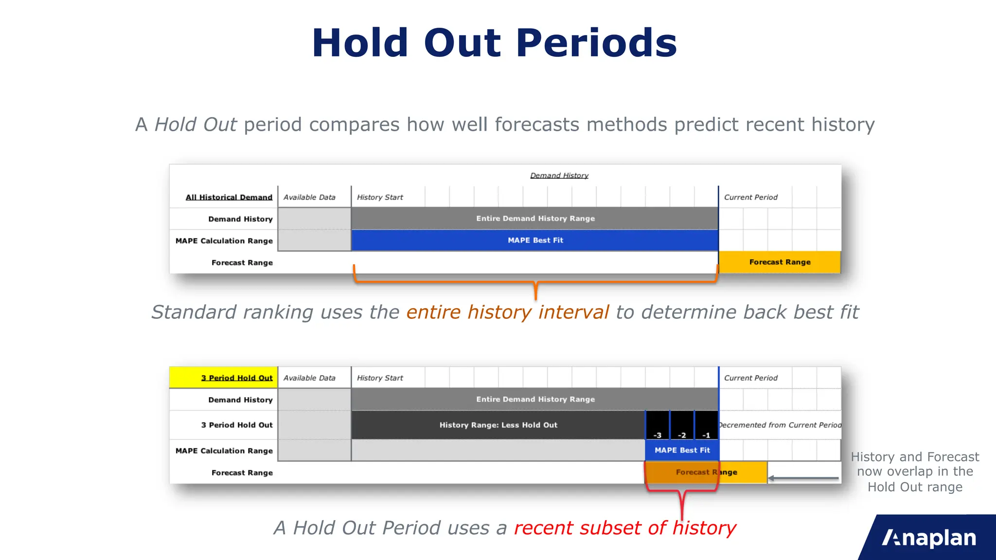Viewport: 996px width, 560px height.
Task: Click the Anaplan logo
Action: (x=929, y=538)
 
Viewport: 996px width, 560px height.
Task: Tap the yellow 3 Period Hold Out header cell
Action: (x=224, y=378)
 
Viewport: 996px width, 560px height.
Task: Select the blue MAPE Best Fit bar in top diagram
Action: (x=535, y=240)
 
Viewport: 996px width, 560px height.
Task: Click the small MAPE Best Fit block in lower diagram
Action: (x=682, y=450)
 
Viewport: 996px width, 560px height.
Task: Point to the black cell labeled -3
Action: (x=658, y=426)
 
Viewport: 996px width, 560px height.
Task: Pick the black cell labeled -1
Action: (x=707, y=426)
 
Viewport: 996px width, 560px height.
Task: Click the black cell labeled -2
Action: (x=682, y=426)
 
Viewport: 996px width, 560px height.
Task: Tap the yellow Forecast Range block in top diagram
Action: (x=780, y=262)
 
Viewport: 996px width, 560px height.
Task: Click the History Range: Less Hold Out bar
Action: (x=498, y=425)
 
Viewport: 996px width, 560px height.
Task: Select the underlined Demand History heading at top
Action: (x=559, y=175)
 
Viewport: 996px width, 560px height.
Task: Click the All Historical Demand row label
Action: (x=229, y=197)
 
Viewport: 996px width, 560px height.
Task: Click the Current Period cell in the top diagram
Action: (x=750, y=197)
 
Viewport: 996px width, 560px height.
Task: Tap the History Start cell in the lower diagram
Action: (x=380, y=378)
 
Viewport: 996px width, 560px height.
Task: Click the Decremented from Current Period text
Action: (x=780, y=425)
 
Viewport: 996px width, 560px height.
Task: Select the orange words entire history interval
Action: (x=507, y=312)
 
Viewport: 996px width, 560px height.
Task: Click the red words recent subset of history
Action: (x=625, y=528)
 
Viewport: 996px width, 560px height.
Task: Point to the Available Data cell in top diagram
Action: (x=309, y=197)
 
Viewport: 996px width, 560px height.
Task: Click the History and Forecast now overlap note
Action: (x=915, y=472)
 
